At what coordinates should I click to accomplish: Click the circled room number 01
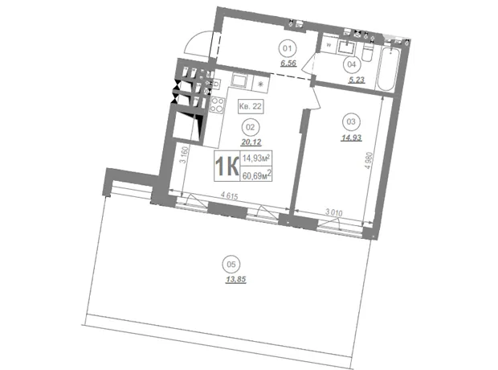pos(288,49)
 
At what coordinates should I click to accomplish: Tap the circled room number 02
pos(251,127)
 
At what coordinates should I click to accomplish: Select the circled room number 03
pos(351,121)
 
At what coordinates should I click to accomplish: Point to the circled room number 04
pos(352,64)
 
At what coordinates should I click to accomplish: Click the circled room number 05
pos(231,264)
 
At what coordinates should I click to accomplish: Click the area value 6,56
pos(288,64)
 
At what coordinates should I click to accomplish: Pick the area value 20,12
pos(251,142)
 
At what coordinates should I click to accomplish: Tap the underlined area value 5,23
pos(356,80)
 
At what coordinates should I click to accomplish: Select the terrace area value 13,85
pos(235,280)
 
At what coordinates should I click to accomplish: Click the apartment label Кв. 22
pos(251,106)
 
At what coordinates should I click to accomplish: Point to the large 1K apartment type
pos(227,166)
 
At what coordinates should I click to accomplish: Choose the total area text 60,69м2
pos(256,175)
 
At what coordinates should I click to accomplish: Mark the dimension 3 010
pos(333,212)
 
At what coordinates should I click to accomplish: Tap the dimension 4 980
pos(369,160)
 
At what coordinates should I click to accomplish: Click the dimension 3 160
pos(185,154)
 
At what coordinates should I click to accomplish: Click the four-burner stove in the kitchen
pos(218,105)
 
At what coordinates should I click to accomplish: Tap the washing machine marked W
pos(329,45)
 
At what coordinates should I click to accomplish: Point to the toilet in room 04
pos(368,53)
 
